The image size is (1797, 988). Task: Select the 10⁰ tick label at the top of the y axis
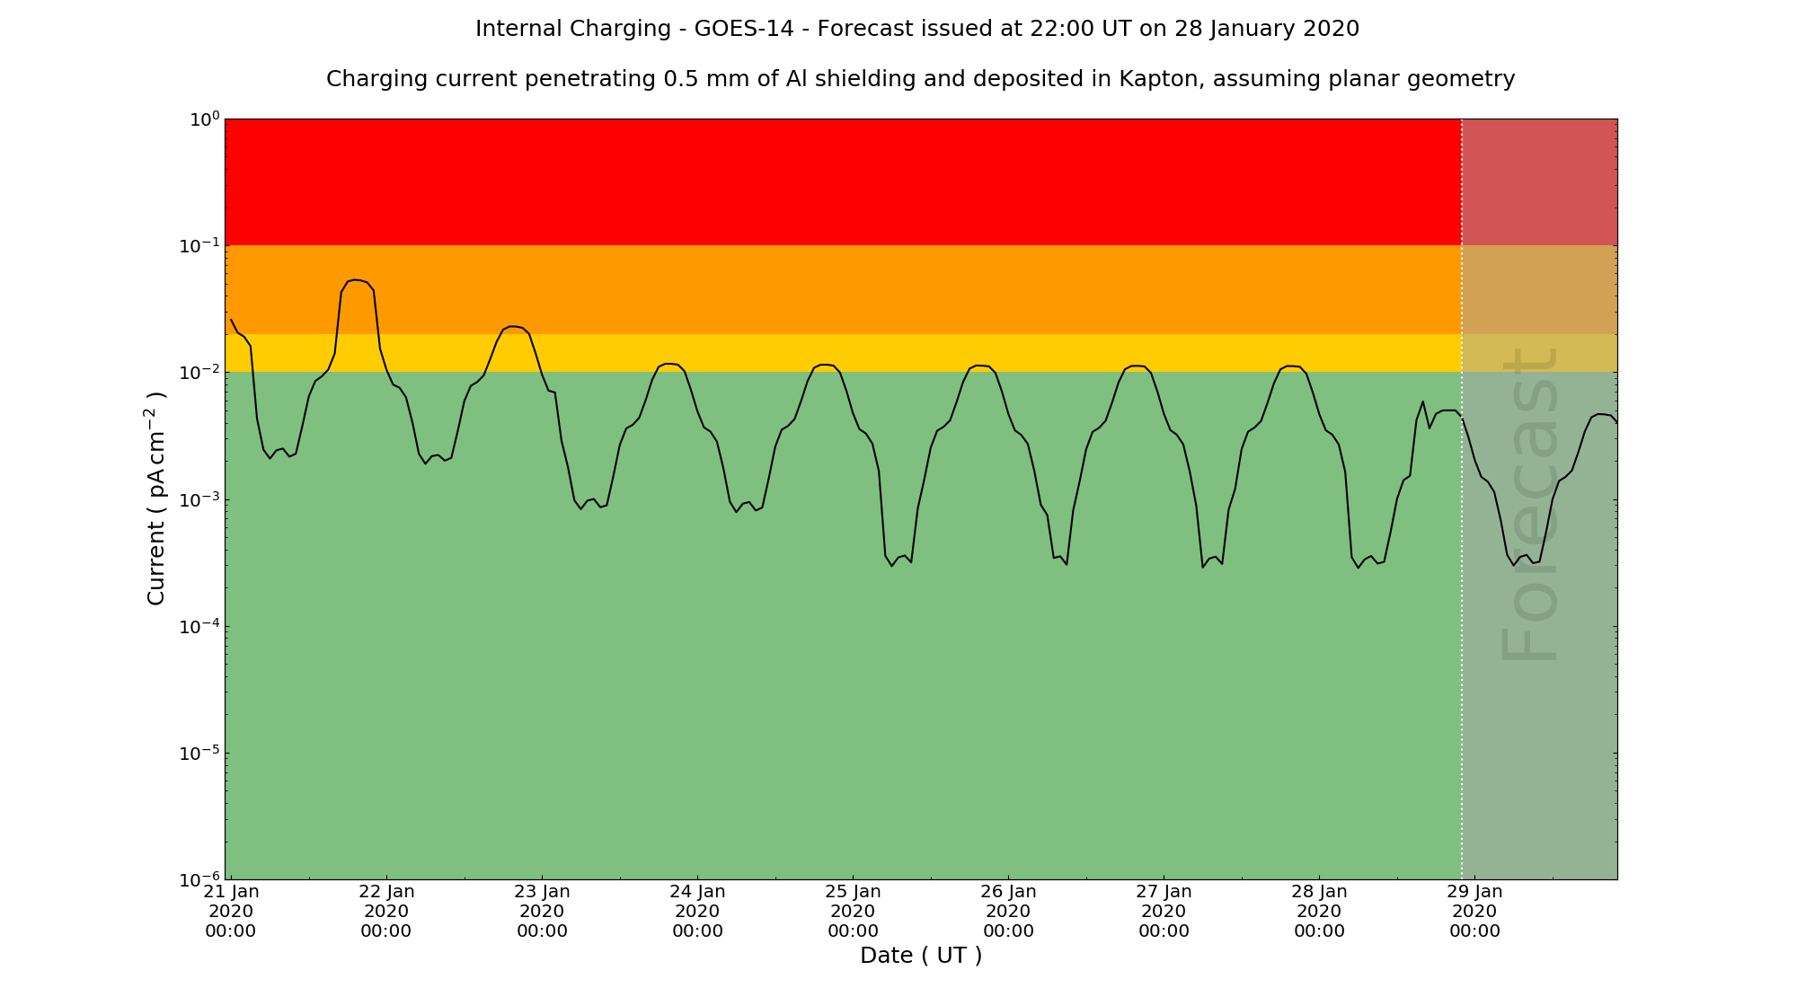(x=203, y=119)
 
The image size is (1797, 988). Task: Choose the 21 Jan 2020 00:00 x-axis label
(x=231, y=911)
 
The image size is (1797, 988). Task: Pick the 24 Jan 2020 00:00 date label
(x=697, y=911)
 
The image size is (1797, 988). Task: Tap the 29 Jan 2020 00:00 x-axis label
(x=1474, y=911)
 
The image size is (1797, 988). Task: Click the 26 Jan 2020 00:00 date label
(x=1008, y=911)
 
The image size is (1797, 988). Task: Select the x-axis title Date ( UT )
(x=921, y=956)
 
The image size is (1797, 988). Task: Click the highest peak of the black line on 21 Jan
(x=357, y=280)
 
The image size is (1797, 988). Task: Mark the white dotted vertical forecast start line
(x=1462, y=629)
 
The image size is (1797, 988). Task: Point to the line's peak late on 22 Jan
(x=512, y=326)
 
